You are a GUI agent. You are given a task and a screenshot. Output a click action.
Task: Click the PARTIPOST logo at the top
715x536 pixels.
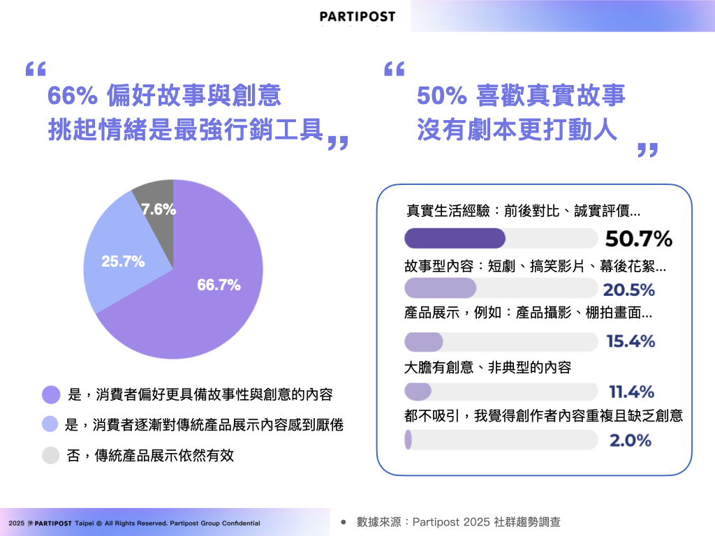tap(357, 17)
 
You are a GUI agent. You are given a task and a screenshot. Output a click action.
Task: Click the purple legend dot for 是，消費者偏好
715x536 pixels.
tap(51, 395)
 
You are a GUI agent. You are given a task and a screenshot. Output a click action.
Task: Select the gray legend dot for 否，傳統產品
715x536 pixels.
tap(50, 455)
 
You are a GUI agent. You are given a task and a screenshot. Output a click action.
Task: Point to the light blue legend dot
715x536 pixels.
tap(50, 424)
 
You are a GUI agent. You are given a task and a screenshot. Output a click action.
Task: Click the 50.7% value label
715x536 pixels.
tap(638, 239)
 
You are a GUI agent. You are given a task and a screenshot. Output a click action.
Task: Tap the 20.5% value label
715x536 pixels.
tap(629, 290)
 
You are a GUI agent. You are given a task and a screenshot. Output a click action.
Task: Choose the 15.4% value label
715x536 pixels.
tap(631, 341)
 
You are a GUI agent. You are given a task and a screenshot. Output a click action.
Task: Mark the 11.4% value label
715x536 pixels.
tap(631, 392)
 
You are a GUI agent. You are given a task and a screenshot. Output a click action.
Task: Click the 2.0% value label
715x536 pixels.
tap(631, 440)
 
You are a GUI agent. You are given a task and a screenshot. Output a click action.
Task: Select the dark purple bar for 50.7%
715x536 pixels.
tap(455, 239)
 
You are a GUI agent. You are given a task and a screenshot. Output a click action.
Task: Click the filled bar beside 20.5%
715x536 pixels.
tap(440, 288)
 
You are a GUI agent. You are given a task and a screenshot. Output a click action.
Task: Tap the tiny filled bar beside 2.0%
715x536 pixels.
tap(408, 440)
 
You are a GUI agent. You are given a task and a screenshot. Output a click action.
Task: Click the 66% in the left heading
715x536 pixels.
tap(72, 96)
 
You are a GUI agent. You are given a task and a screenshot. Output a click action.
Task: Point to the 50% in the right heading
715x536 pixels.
tap(441, 96)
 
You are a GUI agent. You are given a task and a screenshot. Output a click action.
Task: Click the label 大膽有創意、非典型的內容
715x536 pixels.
tap(487, 367)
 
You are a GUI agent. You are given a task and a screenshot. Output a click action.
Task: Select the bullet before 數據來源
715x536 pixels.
tap(344, 522)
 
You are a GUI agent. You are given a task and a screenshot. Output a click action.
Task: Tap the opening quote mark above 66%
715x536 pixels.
tap(36, 69)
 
